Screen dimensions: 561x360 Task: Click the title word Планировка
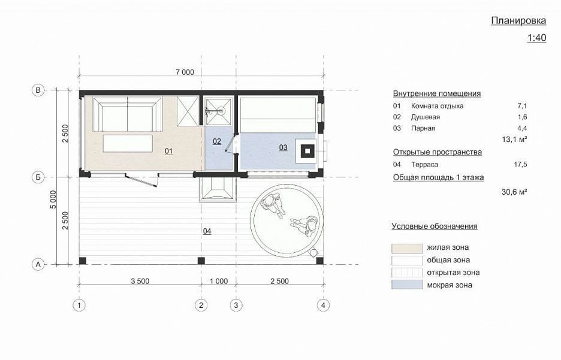pyautogui.click(x=518, y=21)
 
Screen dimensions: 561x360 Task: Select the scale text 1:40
pyautogui.click(x=536, y=38)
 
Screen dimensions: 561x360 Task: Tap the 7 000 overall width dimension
pyautogui.click(x=185, y=72)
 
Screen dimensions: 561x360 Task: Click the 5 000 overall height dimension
pyautogui.click(x=53, y=199)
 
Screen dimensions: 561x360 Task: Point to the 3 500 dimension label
pyautogui.click(x=140, y=282)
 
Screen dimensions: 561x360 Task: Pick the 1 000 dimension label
pyautogui.click(x=219, y=282)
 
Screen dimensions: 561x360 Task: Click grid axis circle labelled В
pyautogui.click(x=38, y=90)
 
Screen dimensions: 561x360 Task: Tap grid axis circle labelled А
pyautogui.click(x=38, y=265)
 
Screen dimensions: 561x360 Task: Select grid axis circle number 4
pyautogui.click(x=324, y=305)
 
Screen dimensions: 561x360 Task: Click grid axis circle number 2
pyautogui.click(x=201, y=305)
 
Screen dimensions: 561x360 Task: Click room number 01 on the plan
pyautogui.click(x=168, y=151)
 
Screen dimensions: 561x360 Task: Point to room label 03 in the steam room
pyautogui.click(x=283, y=147)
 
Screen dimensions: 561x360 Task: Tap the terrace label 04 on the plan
pyautogui.click(x=207, y=231)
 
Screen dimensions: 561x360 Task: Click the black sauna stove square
pyautogui.click(x=307, y=151)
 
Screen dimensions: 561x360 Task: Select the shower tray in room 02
pyautogui.click(x=218, y=110)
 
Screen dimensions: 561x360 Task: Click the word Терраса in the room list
pyautogui.click(x=424, y=165)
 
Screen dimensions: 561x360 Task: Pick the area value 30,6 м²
pyautogui.click(x=514, y=192)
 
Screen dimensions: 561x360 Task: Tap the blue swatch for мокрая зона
pyautogui.click(x=407, y=285)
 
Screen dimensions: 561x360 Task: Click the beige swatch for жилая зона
pyautogui.click(x=407, y=248)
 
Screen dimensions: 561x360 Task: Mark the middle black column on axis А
pyautogui.click(x=201, y=261)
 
